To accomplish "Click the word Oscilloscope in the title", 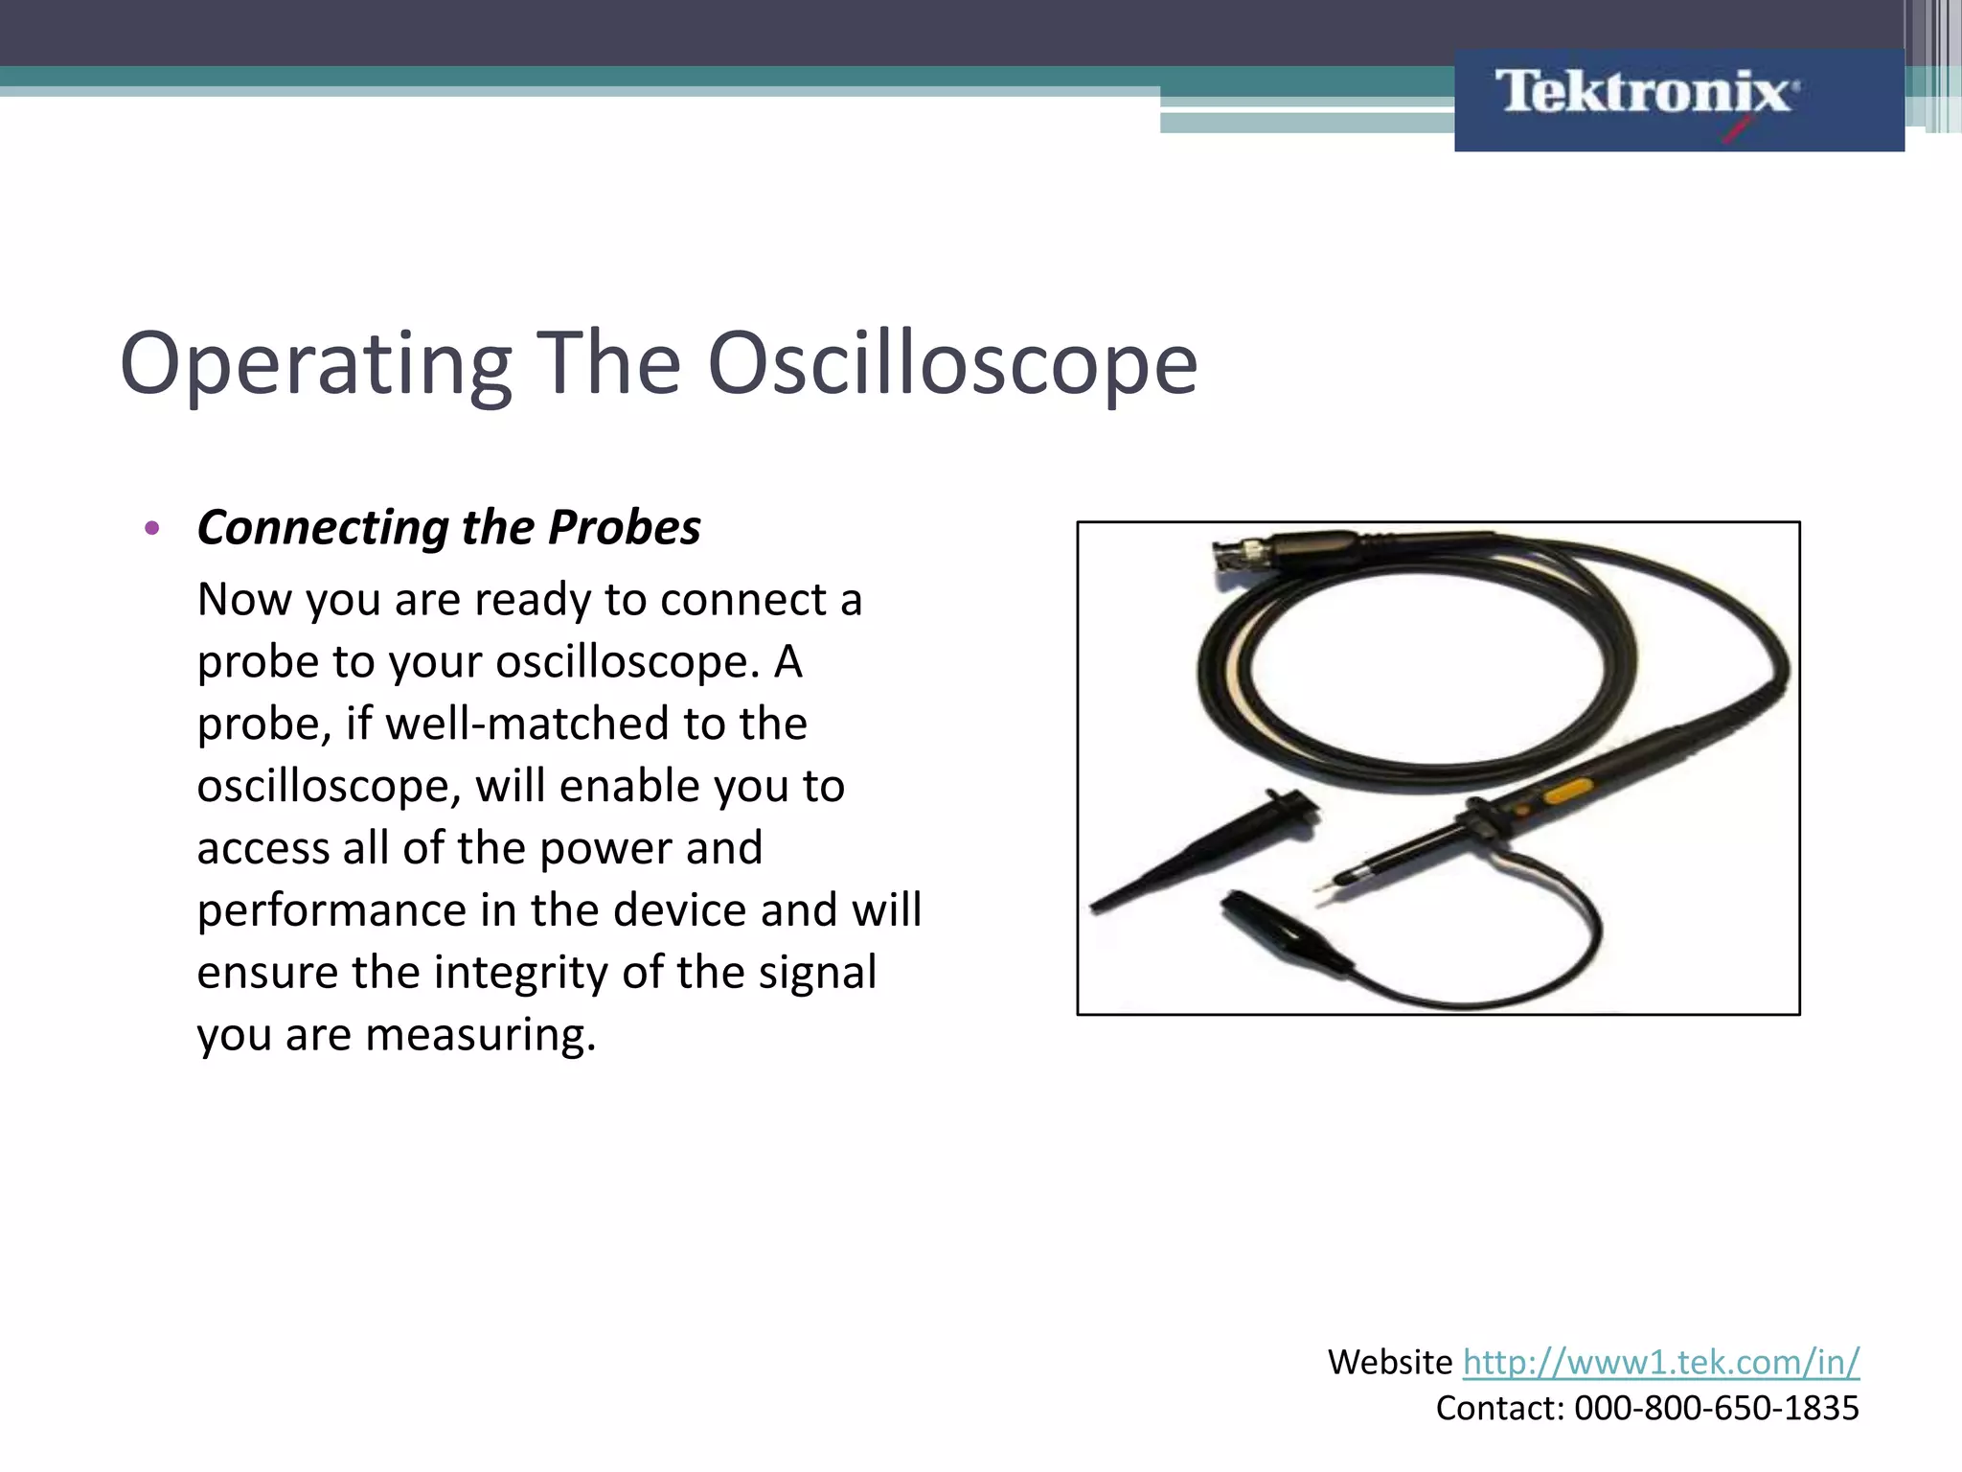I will (952, 364).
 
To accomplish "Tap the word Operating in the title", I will (316, 364).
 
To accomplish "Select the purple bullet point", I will (151, 528).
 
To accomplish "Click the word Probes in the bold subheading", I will (624, 528).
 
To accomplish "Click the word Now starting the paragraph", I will (244, 600).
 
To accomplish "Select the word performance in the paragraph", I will (331, 911).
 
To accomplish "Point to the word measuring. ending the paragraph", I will (481, 1035).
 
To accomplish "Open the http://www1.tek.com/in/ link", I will (1660, 1362).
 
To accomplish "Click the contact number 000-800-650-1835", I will (1716, 1408).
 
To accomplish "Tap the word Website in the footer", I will (1390, 1362).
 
